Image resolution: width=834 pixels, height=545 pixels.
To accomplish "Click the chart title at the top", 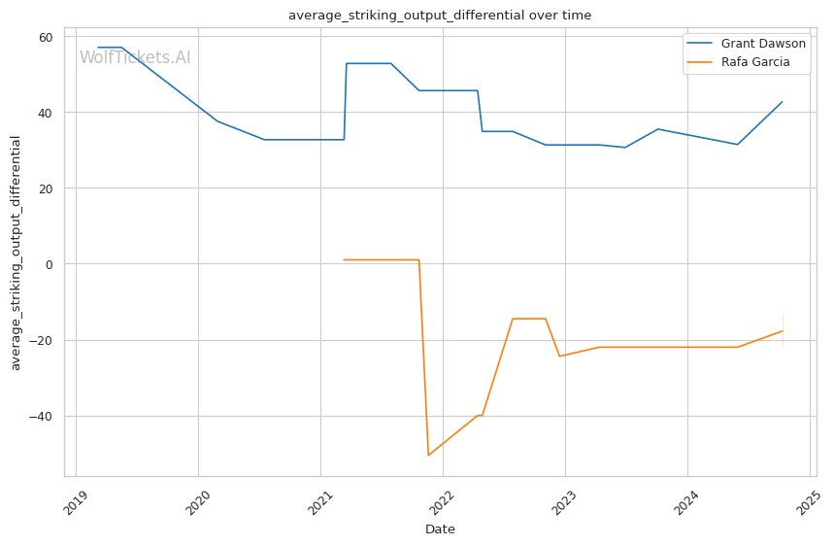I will pyautogui.click(x=440, y=16).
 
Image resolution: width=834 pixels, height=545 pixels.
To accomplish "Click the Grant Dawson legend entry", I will pyautogui.click(x=763, y=44).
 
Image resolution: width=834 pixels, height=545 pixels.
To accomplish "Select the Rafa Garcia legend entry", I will pyautogui.click(x=754, y=62).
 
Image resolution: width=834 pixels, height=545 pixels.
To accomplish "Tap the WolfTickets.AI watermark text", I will pyautogui.click(x=135, y=57).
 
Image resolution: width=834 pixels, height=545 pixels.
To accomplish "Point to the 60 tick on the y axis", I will pyautogui.click(x=46, y=37).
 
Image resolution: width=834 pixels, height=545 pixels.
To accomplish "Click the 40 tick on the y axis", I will pyautogui.click(x=46, y=113).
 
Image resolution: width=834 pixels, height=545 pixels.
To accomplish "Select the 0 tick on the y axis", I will pyautogui.click(x=50, y=264).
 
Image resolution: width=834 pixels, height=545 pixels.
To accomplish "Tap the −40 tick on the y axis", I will pyautogui.click(x=44, y=416).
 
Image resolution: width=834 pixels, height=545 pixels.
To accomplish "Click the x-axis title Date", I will pyautogui.click(x=440, y=529).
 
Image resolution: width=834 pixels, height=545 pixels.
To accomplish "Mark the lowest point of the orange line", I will pyautogui.click(x=428, y=456).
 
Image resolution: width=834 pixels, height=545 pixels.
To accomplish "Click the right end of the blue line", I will pyautogui.click(x=783, y=102).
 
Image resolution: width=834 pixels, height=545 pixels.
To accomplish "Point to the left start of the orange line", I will pyautogui.click(x=344, y=259).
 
